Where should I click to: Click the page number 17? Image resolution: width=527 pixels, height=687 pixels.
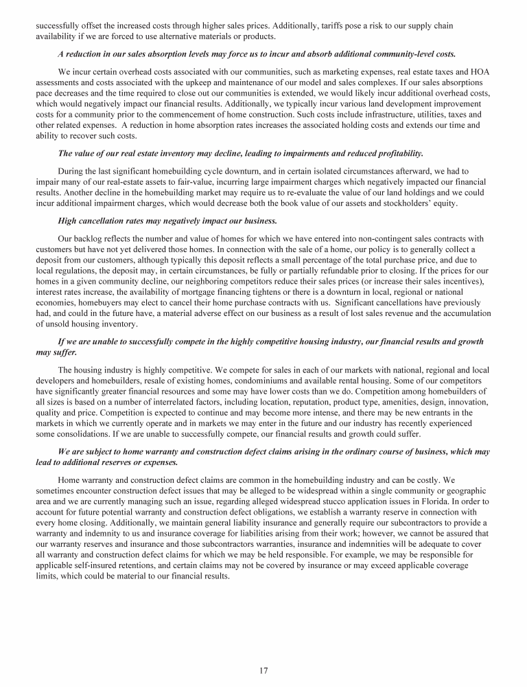pos(263,671)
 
